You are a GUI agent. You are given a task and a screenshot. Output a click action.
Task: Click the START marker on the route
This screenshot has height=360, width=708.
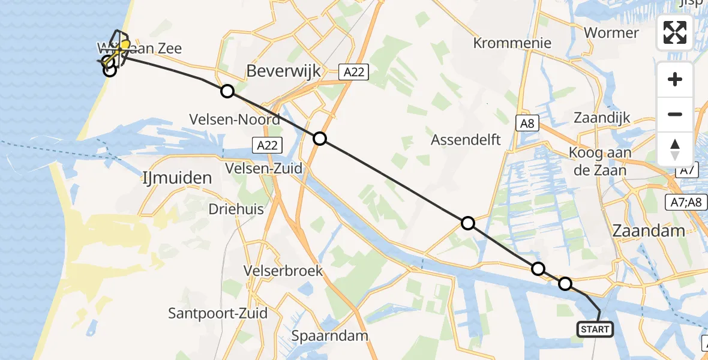point(595,329)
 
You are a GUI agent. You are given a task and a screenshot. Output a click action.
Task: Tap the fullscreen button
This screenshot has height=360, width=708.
point(675,32)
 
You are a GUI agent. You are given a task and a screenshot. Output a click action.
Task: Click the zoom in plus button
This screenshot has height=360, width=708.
point(675,79)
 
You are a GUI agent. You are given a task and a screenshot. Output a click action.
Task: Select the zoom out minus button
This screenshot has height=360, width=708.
point(675,114)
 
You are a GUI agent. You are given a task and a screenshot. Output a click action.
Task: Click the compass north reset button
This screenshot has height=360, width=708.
point(675,149)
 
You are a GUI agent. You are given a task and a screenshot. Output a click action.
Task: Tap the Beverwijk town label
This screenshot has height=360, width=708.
point(284,71)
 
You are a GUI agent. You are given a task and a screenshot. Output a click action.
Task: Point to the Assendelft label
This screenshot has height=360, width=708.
point(466,140)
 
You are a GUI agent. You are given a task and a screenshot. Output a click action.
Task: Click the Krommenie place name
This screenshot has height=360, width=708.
point(512,43)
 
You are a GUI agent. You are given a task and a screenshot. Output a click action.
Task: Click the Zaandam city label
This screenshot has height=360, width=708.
point(649,231)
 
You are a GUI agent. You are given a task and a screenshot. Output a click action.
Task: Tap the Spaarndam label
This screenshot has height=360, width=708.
point(329,335)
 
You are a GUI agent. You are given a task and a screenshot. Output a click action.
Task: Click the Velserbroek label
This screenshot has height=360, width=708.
point(283,271)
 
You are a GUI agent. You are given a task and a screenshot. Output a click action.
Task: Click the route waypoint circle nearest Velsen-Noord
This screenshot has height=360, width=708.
point(227,91)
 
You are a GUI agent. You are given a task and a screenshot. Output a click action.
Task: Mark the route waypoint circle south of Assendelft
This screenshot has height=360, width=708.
point(467,223)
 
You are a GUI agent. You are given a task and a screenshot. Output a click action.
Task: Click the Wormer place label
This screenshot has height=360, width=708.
point(611,32)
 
